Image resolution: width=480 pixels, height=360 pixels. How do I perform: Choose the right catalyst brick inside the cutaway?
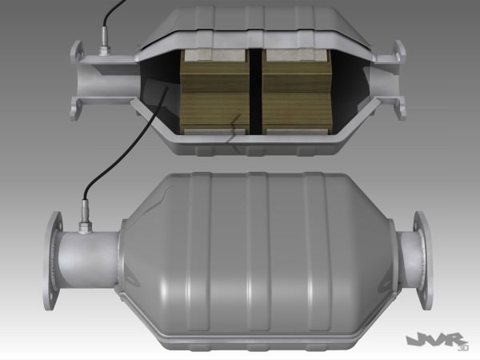297,92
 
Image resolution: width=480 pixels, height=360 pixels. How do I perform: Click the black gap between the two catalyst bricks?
256,92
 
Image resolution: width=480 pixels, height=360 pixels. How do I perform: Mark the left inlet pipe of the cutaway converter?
104,80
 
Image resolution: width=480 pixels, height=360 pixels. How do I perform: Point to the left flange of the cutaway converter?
76,80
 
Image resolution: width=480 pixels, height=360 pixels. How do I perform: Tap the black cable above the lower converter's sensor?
96,172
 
